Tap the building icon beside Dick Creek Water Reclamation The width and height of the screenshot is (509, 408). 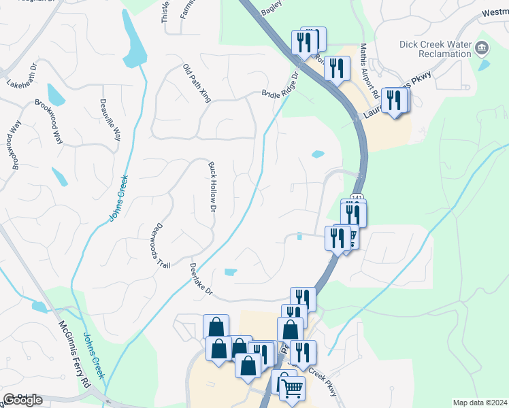[x=482, y=48]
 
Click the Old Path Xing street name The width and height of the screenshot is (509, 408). [x=197, y=83]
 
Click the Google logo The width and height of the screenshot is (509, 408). [x=22, y=400]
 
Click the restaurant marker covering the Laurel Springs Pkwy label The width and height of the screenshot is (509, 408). [x=395, y=101]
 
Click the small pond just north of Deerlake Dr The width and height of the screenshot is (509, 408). [x=230, y=272]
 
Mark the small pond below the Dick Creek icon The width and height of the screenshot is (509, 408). [x=484, y=65]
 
